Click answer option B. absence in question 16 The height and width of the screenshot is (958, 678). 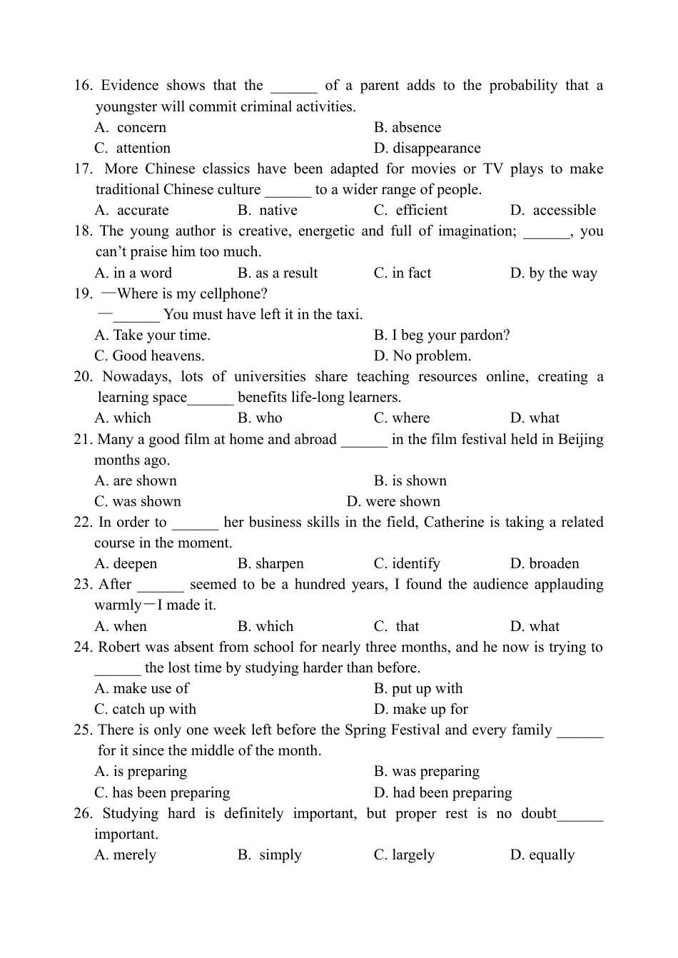407,128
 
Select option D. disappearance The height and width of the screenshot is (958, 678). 427,148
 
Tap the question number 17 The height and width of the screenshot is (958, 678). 83,169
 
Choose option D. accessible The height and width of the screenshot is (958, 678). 553,211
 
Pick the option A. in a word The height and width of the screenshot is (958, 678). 133,273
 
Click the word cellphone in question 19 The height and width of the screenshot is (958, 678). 232,294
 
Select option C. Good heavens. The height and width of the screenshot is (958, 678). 149,356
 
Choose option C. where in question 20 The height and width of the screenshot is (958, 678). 402,418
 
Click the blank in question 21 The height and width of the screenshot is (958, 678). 364,440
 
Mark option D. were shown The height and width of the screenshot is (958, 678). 393,502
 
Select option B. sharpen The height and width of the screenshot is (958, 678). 270,564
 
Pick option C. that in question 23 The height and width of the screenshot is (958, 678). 397,627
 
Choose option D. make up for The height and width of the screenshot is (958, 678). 421,710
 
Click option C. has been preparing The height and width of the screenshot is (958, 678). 162,793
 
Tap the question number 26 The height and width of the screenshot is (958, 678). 83,814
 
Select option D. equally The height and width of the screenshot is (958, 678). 542,855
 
